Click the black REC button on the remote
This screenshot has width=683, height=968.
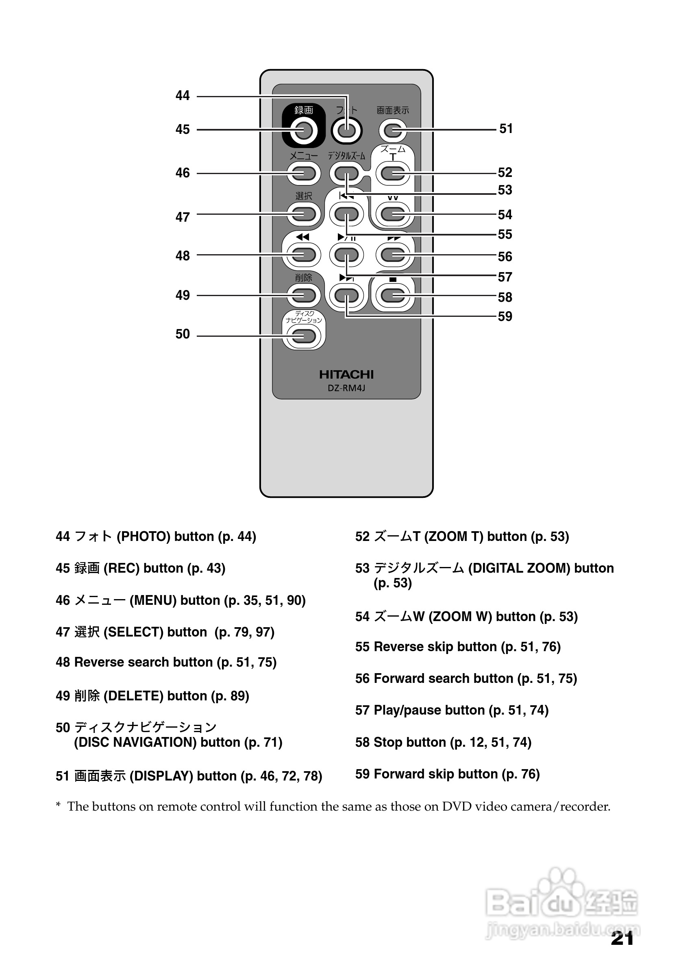pyautogui.click(x=303, y=130)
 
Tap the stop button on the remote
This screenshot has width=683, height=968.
pyautogui.click(x=393, y=295)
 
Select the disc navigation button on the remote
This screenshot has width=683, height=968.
pyautogui.click(x=303, y=336)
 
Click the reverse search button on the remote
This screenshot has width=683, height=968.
pyautogui.click(x=303, y=255)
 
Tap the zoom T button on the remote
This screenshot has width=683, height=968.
pyautogui.click(x=393, y=173)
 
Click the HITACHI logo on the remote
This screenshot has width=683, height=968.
pyautogui.click(x=346, y=374)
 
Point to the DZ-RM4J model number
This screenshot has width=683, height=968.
pyautogui.click(x=346, y=388)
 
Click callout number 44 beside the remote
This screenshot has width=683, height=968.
pyautogui.click(x=183, y=96)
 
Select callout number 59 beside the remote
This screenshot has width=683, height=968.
pyautogui.click(x=505, y=316)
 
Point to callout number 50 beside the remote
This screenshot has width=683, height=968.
pyautogui.click(x=183, y=334)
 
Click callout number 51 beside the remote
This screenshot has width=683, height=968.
pyautogui.click(x=506, y=129)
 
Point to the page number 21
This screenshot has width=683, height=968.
pyautogui.click(x=622, y=938)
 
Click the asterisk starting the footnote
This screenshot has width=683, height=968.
pyautogui.click(x=58, y=806)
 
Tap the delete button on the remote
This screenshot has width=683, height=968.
pyautogui.click(x=303, y=295)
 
